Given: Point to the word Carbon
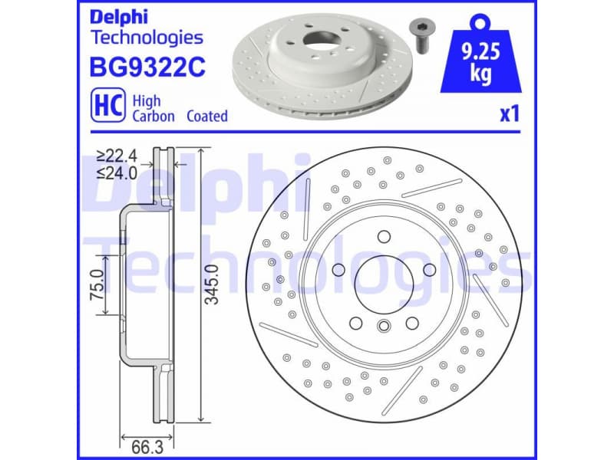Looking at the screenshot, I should [153, 117].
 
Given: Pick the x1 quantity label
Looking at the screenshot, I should [510, 115].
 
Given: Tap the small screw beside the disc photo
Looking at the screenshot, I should [420, 34].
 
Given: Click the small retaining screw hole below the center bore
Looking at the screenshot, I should [384, 328].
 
